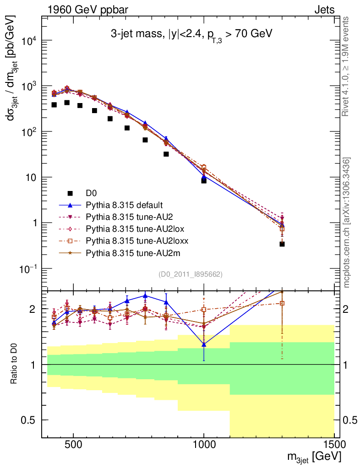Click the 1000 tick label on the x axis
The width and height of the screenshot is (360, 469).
pyautogui.click(x=204, y=444)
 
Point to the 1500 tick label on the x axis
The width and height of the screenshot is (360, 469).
pyautogui.click(x=334, y=444)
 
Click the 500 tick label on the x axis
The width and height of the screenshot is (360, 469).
pyautogui.click(x=73, y=444)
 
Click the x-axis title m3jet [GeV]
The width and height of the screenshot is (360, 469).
pyautogui.click(x=314, y=457)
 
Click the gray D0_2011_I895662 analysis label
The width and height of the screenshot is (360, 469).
pyautogui.click(x=191, y=275)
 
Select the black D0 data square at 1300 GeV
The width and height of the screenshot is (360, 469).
pyautogui.click(x=282, y=244)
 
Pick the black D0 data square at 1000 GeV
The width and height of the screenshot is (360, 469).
pyautogui.click(x=204, y=181)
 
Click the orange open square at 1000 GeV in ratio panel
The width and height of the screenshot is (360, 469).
pyautogui.click(x=204, y=310)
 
